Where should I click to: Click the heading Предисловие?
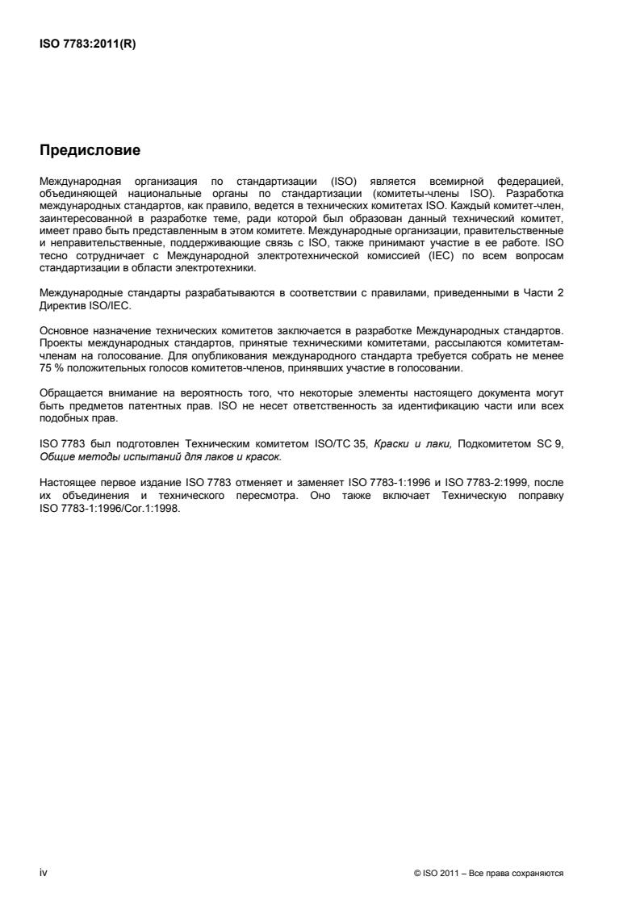[90, 150]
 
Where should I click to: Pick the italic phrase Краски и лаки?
[408, 443]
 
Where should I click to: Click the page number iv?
[44, 872]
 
